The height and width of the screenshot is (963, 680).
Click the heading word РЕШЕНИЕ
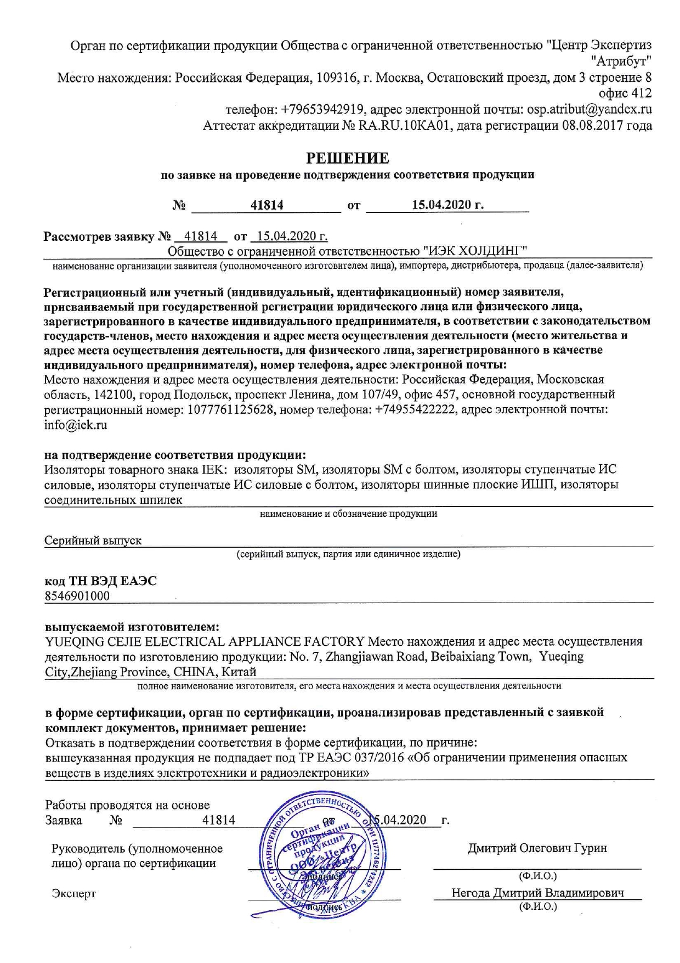(x=348, y=159)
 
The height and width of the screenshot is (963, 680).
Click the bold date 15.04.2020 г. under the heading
(x=447, y=205)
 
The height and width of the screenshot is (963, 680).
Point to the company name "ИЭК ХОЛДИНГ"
(x=476, y=251)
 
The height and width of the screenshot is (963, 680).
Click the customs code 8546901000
(x=77, y=596)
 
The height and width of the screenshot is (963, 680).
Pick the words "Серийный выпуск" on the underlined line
(x=93, y=540)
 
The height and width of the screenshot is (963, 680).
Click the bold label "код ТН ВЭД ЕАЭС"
(x=100, y=581)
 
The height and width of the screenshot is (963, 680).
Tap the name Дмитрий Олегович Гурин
(x=537, y=848)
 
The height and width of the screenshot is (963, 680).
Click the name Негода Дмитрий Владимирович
(x=537, y=893)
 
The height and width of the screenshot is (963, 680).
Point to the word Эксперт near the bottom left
(x=73, y=893)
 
